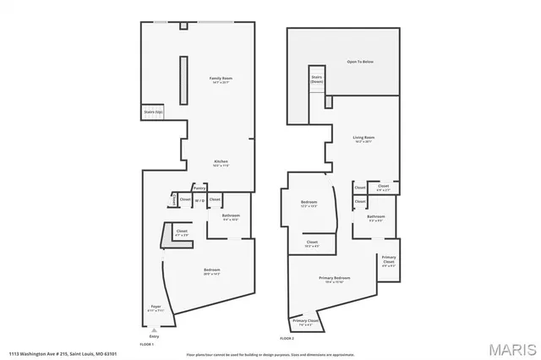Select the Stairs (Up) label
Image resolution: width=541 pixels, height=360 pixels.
coord(152,111)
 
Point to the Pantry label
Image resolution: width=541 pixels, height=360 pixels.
coord(199,188)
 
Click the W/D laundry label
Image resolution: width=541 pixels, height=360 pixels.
coord(199,200)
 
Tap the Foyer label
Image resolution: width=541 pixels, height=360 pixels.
coord(156,307)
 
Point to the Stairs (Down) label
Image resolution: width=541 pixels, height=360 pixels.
coord(317,79)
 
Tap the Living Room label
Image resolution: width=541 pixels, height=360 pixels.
coord(363,139)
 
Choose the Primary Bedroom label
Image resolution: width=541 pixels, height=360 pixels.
coord(335,279)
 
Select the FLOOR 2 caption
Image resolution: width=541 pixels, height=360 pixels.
coord(287,338)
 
